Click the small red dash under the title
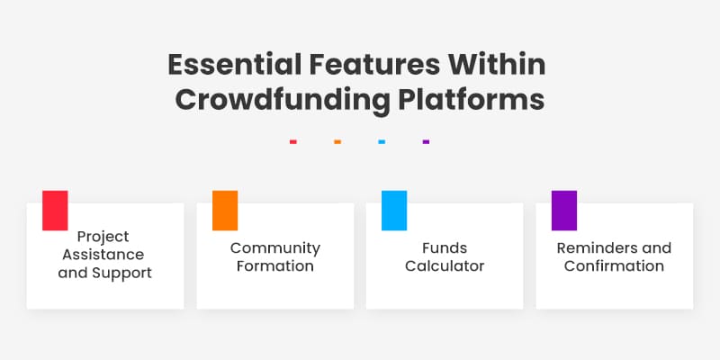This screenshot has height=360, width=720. click(x=293, y=141)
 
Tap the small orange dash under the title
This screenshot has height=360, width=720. click(x=337, y=141)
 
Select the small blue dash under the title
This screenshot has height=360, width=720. click(x=382, y=141)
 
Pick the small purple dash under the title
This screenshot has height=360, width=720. click(x=426, y=141)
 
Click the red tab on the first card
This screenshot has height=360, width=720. click(x=55, y=210)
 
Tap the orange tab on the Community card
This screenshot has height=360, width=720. click(x=225, y=210)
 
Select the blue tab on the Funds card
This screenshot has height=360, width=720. click(x=394, y=210)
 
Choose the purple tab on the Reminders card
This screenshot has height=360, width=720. click(x=564, y=210)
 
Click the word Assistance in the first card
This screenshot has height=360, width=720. click(x=103, y=255)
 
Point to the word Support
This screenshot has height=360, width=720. click(x=124, y=273)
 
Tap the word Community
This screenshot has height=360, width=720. click(x=274, y=247)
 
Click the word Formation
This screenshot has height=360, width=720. click(x=274, y=266)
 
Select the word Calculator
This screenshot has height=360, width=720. click(x=445, y=266)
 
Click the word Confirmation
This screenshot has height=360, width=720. click(x=614, y=266)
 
